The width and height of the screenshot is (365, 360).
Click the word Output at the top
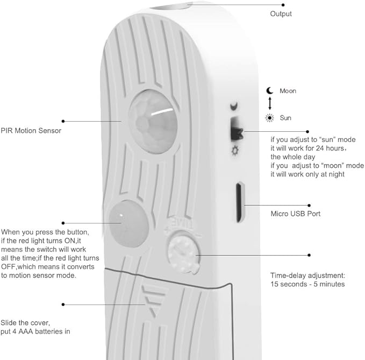[281, 14]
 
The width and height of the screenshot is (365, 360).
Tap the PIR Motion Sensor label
[31, 131]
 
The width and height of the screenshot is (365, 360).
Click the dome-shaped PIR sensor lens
[153, 122]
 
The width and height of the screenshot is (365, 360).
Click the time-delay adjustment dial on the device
[184, 252]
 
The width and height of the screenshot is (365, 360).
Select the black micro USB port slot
[240, 202]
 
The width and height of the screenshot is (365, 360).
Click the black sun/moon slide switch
[237, 129]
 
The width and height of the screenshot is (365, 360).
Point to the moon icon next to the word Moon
[269, 90]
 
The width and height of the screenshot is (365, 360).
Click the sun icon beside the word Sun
[269, 118]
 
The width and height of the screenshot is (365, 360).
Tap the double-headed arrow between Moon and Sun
[270, 103]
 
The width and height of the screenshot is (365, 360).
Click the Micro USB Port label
[296, 214]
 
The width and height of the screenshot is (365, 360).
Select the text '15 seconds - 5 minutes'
[307, 284]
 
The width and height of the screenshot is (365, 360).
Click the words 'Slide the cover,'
[25, 323]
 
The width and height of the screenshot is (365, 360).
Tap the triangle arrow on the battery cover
[154, 301]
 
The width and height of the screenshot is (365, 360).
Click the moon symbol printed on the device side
[234, 106]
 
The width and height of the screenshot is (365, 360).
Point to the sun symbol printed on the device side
[235, 151]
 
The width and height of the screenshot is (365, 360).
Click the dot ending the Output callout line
[283, 5]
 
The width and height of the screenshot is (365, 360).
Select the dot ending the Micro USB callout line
[309, 205]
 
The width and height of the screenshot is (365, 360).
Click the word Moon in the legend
[288, 91]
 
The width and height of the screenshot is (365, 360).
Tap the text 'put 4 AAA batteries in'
[35, 331]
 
